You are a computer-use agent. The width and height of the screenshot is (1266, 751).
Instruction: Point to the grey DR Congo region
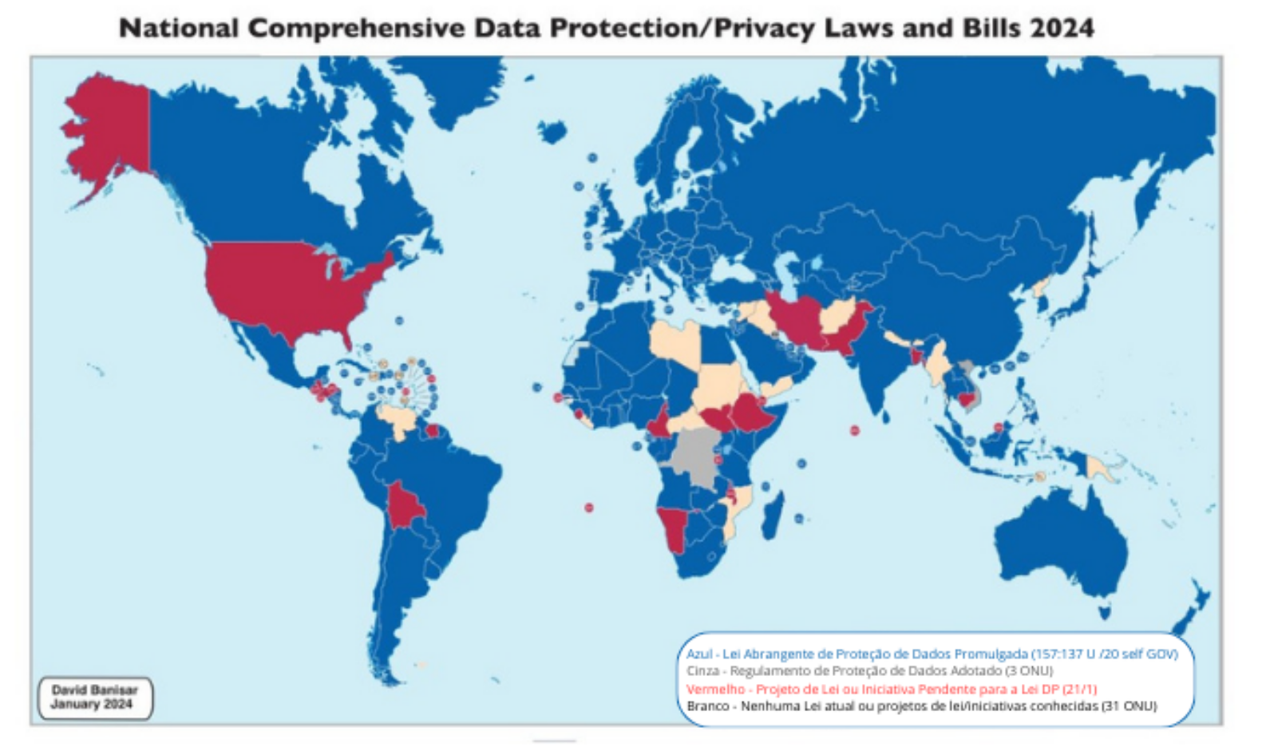click(694, 455)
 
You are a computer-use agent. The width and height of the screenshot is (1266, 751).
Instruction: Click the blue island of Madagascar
click(773, 515)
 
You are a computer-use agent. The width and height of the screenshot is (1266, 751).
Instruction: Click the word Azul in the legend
click(699, 654)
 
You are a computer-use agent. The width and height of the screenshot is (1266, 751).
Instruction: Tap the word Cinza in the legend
click(702, 671)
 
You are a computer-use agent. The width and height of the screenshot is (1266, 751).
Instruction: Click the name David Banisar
click(94, 690)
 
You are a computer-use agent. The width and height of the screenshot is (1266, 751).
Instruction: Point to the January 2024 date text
click(91, 704)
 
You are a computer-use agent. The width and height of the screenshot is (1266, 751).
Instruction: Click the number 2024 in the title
click(1062, 28)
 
